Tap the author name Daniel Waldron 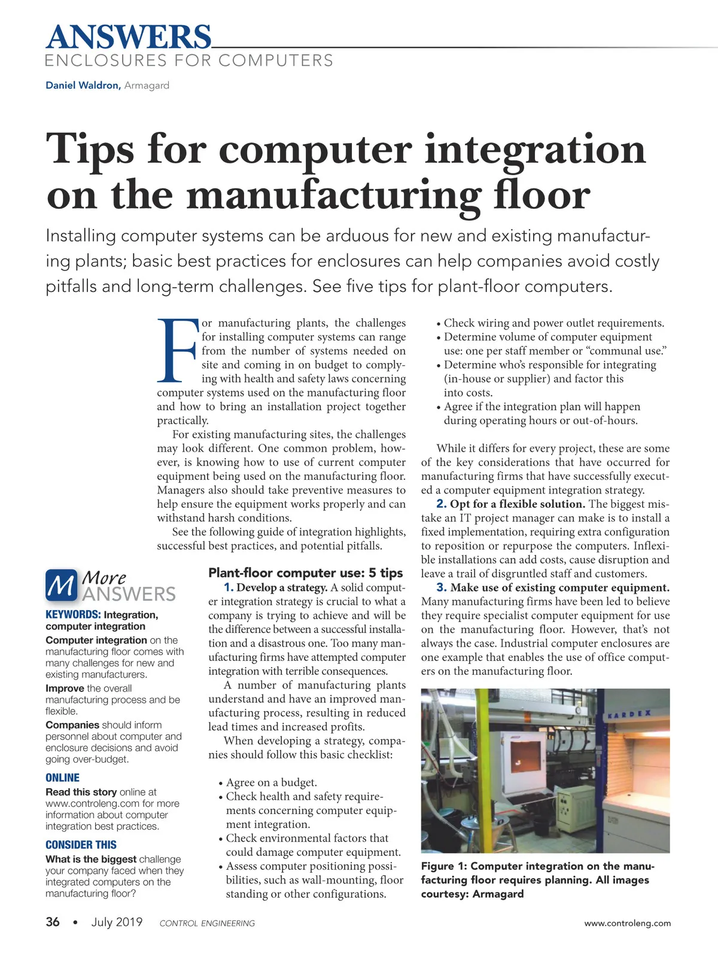(x=83, y=86)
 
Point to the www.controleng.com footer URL (x=627, y=923)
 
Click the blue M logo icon (x=62, y=585)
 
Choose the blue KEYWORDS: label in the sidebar (x=73, y=615)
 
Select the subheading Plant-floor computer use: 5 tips (x=306, y=573)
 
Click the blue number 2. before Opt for (x=441, y=504)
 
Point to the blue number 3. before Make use (x=441, y=588)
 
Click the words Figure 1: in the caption (x=444, y=866)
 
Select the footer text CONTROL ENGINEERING (x=207, y=924)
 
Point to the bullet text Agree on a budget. (x=271, y=782)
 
